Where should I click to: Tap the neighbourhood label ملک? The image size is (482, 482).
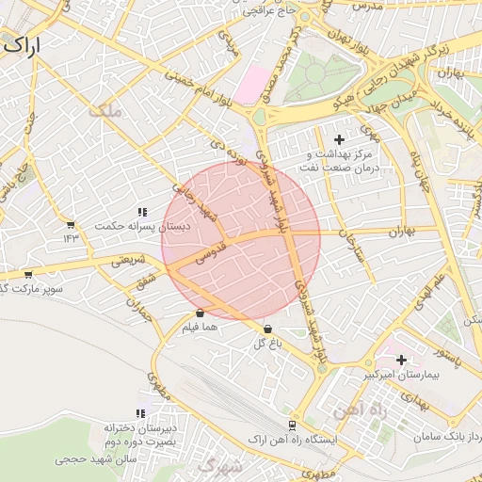click(x=104, y=111)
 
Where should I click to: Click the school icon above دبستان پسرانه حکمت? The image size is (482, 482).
click(x=142, y=213)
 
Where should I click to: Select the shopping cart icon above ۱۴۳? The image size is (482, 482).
click(x=70, y=224)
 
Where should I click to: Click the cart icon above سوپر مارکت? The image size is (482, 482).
click(x=27, y=275)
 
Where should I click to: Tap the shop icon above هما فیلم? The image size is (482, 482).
click(x=200, y=313)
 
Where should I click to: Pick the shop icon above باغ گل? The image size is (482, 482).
click(x=268, y=329)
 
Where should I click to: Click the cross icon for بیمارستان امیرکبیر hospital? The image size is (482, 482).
click(x=402, y=360)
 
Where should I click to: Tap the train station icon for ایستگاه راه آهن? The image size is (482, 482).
click(x=292, y=426)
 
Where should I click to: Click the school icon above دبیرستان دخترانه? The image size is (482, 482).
click(x=141, y=413)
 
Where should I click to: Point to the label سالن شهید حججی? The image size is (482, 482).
click(x=85, y=458)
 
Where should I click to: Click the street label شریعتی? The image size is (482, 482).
click(x=131, y=262)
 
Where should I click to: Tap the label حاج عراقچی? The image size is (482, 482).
click(x=270, y=10)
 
